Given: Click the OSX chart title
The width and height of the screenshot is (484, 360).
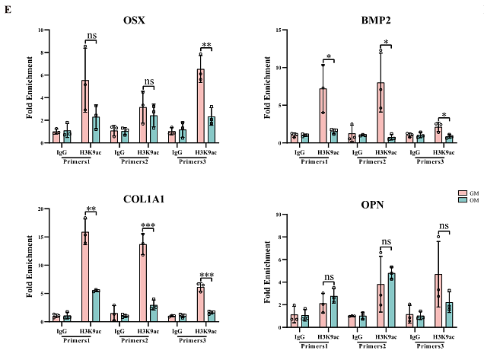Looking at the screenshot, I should point(126,18).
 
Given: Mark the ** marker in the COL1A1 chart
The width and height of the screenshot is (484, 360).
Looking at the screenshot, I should point(91,209).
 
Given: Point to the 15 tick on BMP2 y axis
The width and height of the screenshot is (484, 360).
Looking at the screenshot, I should point(282,30).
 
